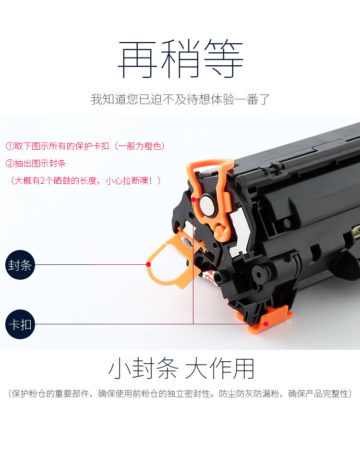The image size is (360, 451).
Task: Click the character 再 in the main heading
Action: tap(138, 59)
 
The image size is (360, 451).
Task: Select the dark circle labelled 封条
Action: tap(20, 265)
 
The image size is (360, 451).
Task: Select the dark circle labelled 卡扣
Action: tap(20, 324)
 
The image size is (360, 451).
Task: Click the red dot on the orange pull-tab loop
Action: tap(148, 264)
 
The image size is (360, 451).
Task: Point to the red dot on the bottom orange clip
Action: tap(266, 324)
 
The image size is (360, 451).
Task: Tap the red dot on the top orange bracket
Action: tap(193, 199)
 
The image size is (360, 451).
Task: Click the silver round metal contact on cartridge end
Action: tap(208, 205)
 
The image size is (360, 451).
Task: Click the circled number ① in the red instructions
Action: tap(10, 146)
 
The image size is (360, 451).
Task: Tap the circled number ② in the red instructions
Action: tap(10, 164)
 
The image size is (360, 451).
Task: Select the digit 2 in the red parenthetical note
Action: tap(43, 181)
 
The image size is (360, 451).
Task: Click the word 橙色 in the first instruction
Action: tap(153, 146)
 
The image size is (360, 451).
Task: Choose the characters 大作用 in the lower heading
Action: tap(219, 368)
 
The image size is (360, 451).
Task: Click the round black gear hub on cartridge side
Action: tap(259, 275)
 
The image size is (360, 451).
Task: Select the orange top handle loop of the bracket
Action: tap(210, 166)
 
